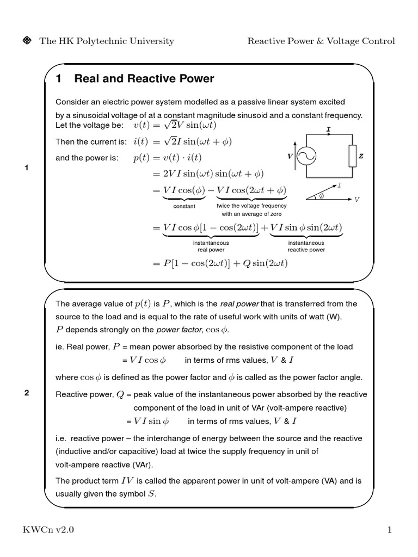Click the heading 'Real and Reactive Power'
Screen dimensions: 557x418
coord(144,79)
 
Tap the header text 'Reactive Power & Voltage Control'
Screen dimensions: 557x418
coord(321,41)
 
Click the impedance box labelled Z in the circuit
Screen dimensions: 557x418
coord(352,156)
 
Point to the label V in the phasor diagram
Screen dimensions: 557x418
coord(356,200)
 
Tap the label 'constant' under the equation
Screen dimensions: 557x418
coord(184,207)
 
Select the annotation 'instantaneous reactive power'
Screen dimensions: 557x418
coord(306,246)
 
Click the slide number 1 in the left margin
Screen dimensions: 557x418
coord(26,168)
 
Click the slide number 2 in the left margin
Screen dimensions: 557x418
coord(26,394)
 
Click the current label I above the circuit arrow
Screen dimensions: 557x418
coord(328,129)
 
